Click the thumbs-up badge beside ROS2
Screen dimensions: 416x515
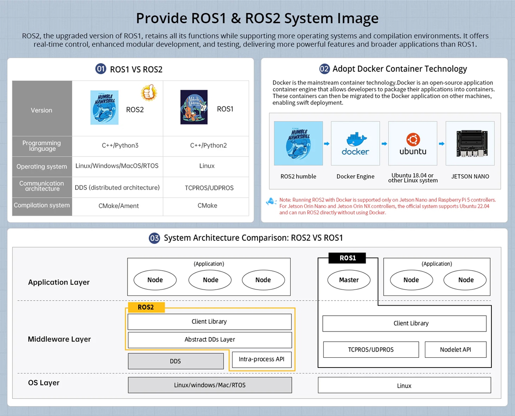click(148, 93)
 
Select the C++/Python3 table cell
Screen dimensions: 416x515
click(117, 145)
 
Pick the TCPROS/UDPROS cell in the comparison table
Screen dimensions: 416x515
click(206, 187)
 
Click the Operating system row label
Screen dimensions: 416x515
click(42, 166)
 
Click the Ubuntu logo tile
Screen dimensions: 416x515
click(412, 143)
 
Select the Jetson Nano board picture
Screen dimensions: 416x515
click(470, 143)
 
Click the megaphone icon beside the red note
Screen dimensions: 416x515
click(271, 201)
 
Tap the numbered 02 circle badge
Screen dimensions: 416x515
click(324, 69)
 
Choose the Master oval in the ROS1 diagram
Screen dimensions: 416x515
click(348, 280)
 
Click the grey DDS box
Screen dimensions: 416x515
click(176, 361)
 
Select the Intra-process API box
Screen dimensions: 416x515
click(262, 359)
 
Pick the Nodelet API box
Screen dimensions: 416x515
click(455, 350)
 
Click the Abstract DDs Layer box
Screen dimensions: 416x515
click(209, 340)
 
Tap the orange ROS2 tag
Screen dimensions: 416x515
click(146, 307)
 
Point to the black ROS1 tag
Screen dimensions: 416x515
click(348, 258)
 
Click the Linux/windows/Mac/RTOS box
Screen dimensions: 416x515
click(209, 385)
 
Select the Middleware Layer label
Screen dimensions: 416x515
click(59, 339)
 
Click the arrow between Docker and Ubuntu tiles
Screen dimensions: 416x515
click(384, 144)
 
